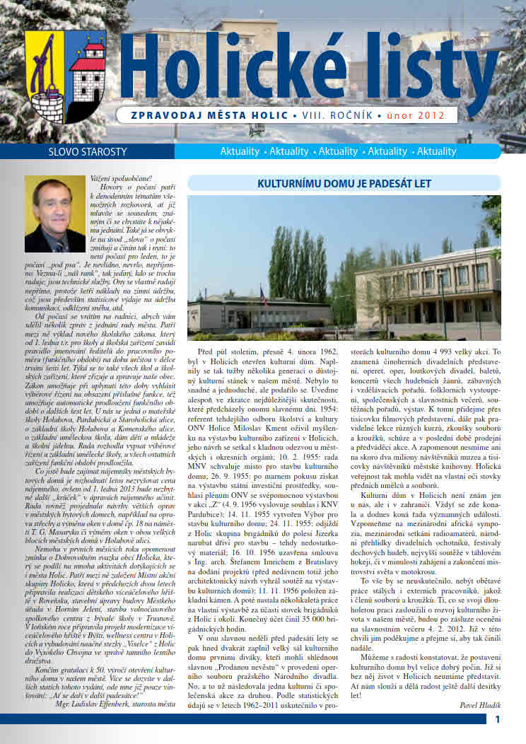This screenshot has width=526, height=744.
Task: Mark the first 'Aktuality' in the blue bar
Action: tap(239, 151)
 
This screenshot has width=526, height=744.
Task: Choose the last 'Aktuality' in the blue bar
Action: tap(436, 151)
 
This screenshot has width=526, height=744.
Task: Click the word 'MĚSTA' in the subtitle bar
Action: tap(230, 115)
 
